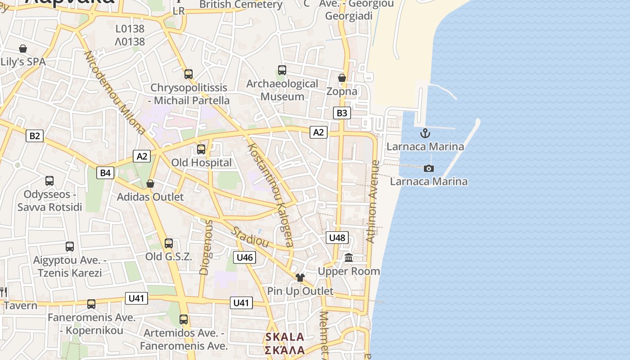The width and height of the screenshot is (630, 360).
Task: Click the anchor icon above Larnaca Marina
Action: pos(425,133)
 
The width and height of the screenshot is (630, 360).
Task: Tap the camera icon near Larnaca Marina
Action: pos(429,168)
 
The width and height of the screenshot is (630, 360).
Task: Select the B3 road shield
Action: pos(342,113)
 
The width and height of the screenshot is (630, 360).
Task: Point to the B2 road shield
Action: pos(35,136)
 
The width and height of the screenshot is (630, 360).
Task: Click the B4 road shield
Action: pos(105,172)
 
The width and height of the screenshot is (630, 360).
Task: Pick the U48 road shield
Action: pos(337,238)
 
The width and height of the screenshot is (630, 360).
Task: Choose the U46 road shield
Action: pos(244,257)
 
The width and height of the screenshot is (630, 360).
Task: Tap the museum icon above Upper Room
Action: pos(349,258)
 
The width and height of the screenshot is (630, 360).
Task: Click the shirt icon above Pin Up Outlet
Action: pos(300,278)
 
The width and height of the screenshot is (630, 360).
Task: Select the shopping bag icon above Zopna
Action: pos(342,78)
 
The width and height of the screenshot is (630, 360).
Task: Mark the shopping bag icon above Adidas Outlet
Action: pos(150,184)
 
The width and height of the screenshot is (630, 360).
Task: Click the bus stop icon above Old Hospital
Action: pos(201,149)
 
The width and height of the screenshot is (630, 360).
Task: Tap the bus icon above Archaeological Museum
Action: pos(282,70)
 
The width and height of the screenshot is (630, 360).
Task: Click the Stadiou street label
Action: pos(250,237)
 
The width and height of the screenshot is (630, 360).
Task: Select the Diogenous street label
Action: pos(206,247)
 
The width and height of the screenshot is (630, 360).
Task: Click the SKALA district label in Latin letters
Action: pos(284,337)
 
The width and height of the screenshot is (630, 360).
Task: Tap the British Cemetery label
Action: pos(241,4)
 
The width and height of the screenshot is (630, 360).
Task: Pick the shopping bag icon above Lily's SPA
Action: pos(23,49)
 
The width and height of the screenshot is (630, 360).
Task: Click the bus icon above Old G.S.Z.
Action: pos(169,243)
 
